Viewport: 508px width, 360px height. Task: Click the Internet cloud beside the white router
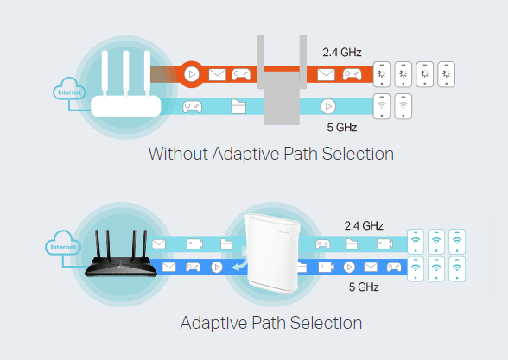pos(69,89)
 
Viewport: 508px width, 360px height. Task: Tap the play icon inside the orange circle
pos(192,74)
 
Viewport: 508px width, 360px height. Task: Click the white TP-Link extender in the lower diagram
pos(272,253)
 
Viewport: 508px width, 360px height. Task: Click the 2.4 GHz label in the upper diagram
pos(342,52)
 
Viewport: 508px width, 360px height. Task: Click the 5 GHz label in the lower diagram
pos(364,287)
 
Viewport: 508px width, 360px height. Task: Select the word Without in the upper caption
pos(178,154)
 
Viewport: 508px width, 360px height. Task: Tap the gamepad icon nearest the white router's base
pos(193,106)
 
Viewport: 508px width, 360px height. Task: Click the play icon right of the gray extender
pos(328,106)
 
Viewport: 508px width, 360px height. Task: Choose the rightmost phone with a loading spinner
pos(446,74)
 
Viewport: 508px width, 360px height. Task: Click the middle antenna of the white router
pos(126,74)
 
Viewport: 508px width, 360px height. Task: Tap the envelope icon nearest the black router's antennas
pos(159,243)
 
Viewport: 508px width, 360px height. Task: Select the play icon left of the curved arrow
pos(217,267)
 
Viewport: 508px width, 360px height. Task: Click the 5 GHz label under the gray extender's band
pos(342,128)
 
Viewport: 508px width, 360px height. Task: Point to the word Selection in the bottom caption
pos(326,323)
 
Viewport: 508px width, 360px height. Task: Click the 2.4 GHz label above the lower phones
pos(364,225)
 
